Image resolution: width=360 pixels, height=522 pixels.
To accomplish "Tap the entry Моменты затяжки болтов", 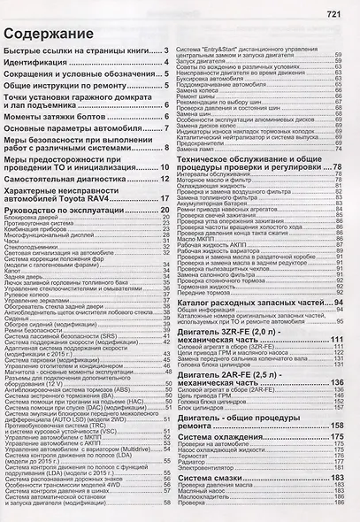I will (56, 116).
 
